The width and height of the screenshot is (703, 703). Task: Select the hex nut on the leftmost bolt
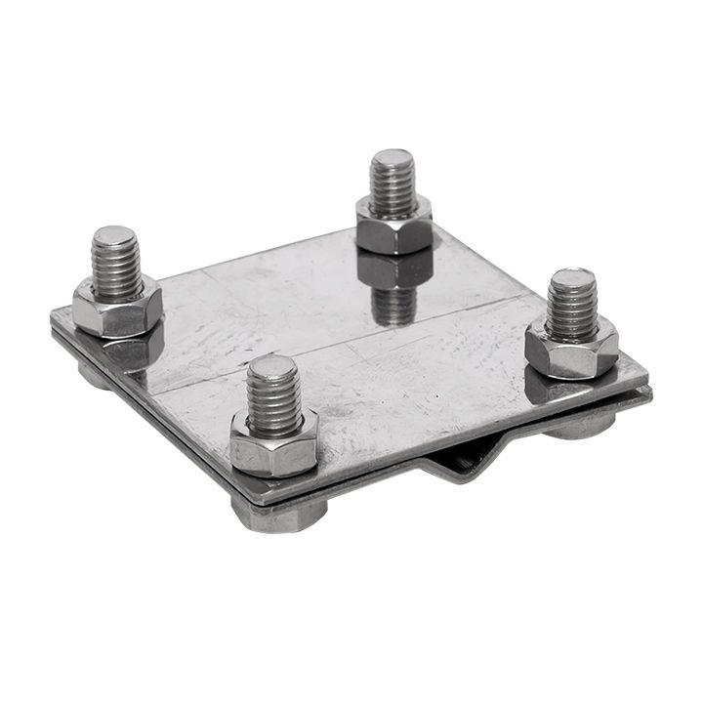pyautogui.click(x=116, y=310)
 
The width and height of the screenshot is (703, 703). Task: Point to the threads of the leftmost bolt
pyautogui.click(x=115, y=264)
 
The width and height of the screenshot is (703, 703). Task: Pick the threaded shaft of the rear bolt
pyautogui.click(x=393, y=186)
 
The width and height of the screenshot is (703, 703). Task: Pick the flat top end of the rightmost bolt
pyautogui.click(x=572, y=278)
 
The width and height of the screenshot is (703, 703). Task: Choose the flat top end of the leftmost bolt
pyautogui.click(x=115, y=235)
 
